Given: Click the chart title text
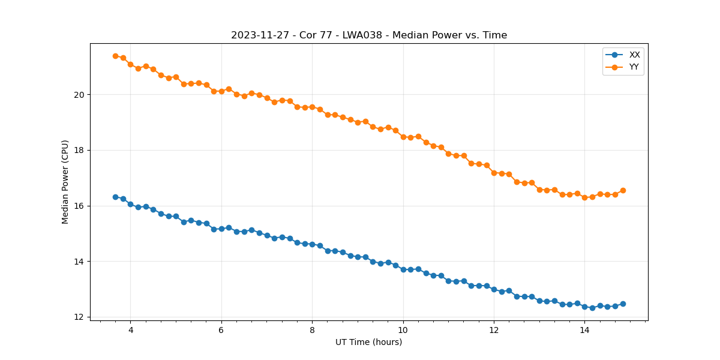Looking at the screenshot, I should [x=369, y=35].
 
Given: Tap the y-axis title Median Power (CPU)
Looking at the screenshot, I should [x=65, y=182].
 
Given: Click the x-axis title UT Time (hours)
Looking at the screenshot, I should [x=368, y=342].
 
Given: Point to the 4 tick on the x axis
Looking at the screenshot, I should [x=130, y=329].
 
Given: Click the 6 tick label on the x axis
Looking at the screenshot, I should [x=221, y=329].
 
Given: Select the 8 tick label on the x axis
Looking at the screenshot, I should [x=312, y=329].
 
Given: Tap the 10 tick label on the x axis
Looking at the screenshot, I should [x=403, y=329].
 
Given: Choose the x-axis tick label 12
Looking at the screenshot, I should [x=494, y=329].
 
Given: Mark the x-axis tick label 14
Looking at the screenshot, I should [x=584, y=329].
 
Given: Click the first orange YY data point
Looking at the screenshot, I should [x=115, y=56].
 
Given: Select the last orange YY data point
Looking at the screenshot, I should [x=623, y=190].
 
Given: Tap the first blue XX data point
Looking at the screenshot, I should [x=115, y=197].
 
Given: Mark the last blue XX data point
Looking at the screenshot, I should [x=623, y=304].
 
